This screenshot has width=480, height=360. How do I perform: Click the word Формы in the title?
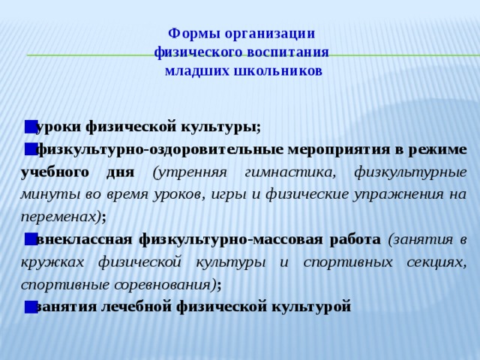(190, 34)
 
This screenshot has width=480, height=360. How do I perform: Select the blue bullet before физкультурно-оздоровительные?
(29, 148)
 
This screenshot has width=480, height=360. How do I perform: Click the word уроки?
(58, 126)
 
